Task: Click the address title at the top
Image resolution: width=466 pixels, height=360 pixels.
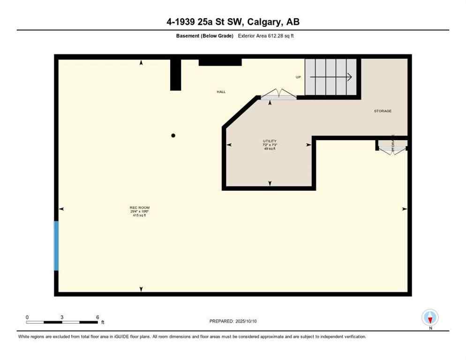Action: [x=233, y=22]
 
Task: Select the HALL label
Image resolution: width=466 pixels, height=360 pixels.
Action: [x=221, y=92]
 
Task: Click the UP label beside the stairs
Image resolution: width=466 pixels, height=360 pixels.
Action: [x=298, y=77]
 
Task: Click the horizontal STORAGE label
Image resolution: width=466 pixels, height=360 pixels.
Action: [x=383, y=111]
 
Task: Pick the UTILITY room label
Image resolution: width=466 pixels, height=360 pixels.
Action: [x=270, y=141]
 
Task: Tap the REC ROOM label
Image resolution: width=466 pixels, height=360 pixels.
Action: [x=140, y=208]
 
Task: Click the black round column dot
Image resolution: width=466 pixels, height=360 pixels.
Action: [x=173, y=135]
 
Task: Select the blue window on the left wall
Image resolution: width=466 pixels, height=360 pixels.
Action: [x=56, y=246]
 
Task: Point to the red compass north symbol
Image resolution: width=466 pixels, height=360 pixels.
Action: [x=430, y=318]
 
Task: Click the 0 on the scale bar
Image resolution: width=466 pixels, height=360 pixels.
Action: [x=27, y=317]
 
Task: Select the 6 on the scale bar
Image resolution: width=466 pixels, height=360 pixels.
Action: [x=98, y=317]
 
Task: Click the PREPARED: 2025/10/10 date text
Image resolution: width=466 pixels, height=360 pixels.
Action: [x=233, y=321]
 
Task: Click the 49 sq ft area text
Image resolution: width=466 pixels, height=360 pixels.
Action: [x=270, y=149]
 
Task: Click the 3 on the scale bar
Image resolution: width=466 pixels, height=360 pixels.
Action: [x=62, y=317]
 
